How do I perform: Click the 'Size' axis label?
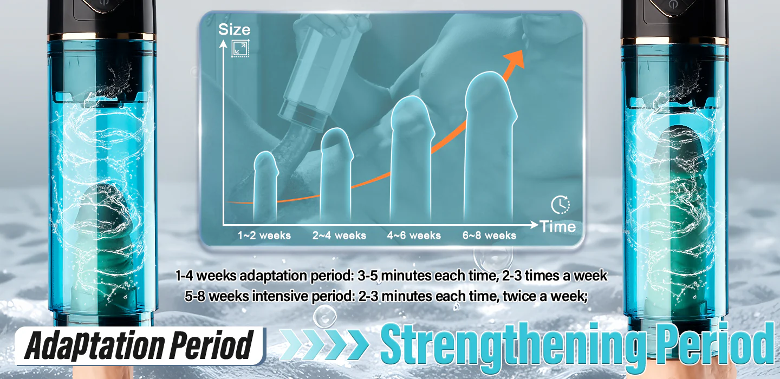click(x=234, y=30)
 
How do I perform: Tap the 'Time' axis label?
click(x=557, y=226)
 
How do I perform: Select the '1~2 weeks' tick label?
click(x=264, y=236)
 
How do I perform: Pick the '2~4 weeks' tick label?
click(x=339, y=236)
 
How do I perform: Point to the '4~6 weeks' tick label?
click(x=414, y=236)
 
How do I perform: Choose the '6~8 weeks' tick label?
click(x=489, y=236)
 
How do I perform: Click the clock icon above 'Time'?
click(x=560, y=205)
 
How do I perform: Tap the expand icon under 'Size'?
click(x=240, y=48)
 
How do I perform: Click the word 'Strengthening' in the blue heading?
click(x=511, y=344)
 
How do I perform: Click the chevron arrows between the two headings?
click(x=324, y=344)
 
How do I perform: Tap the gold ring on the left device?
click(x=101, y=36)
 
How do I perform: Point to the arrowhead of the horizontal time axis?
click(x=535, y=225)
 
